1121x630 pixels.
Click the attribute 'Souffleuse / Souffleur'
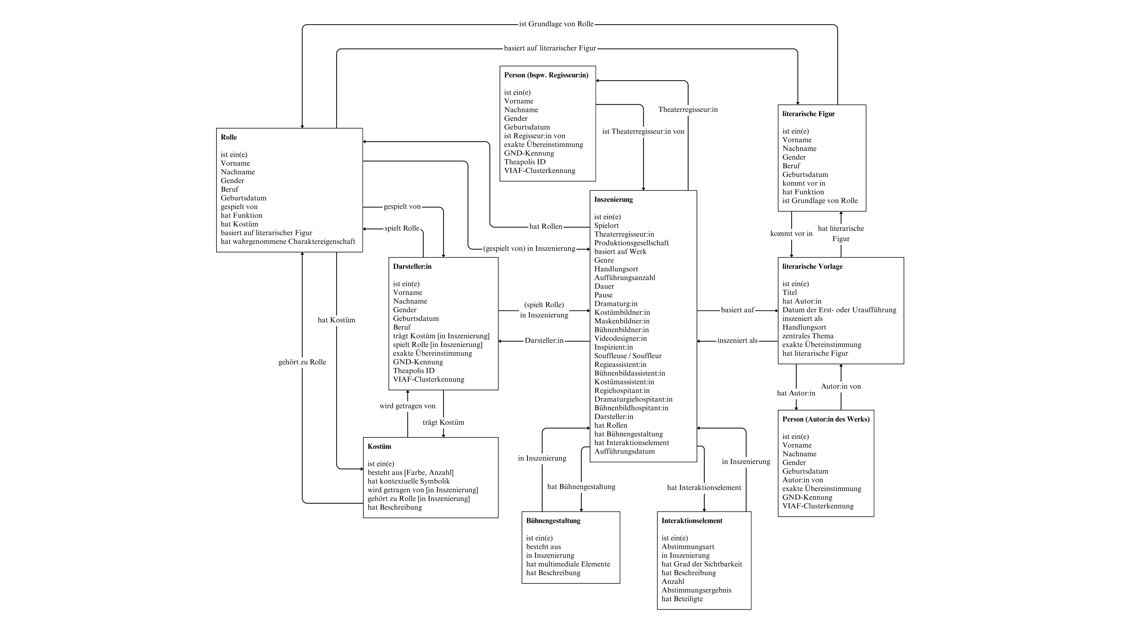[x=628, y=356]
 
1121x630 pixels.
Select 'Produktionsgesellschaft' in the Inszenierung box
[x=631, y=243]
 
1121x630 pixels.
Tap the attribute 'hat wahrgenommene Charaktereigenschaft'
[x=288, y=241]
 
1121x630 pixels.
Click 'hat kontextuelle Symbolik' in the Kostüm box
[x=408, y=481]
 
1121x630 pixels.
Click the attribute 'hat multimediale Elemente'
[x=568, y=564]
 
